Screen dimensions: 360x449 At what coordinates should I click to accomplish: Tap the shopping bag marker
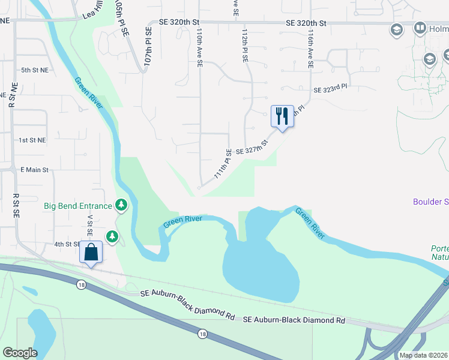click(x=91, y=252)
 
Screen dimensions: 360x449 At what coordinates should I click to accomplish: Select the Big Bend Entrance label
click(x=78, y=206)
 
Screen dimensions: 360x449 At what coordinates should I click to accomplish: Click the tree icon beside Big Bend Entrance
click(x=122, y=205)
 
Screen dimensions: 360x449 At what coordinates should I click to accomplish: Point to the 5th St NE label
click(x=34, y=70)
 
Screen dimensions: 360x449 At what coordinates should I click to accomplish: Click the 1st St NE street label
click(x=32, y=140)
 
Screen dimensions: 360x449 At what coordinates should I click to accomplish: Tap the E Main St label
click(x=34, y=170)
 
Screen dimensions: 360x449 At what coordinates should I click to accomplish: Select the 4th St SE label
click(x=67, y=244)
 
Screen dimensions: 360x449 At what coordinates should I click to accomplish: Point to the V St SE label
click(x=91, y=227)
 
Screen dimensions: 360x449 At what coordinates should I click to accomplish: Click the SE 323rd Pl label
click(x=330, y=88)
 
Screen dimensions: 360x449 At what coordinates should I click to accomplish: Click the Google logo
click(x=20, y=353)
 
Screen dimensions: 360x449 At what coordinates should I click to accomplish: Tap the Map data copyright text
click(x=423, y=355)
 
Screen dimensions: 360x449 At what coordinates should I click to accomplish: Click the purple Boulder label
click(x=430, y=202)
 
